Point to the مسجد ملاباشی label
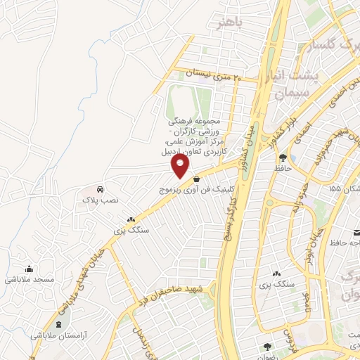pos(29,279)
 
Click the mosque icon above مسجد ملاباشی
pos(29,269)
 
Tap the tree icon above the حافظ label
pos(282,157)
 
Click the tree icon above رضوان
pos(267,347)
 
